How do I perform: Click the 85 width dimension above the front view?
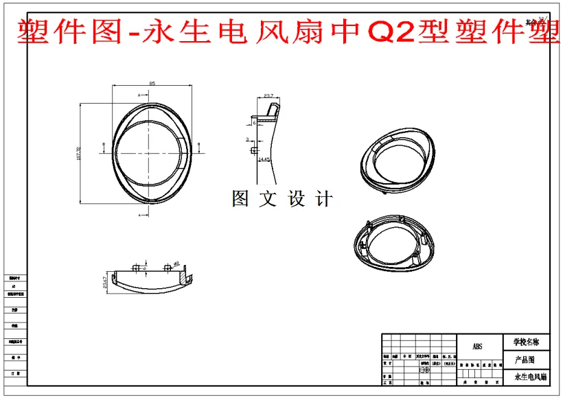tap(152, 83)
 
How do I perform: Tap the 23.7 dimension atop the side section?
tap(268, 95)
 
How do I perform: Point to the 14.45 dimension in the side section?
tap(264, 159)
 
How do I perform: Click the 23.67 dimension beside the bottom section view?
tap(104, 282)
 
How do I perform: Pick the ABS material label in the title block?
tap(478, 347)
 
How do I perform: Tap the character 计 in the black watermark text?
tap(325, 199)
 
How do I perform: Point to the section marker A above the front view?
tap(139, 93)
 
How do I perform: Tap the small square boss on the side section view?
tap(255, 150)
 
